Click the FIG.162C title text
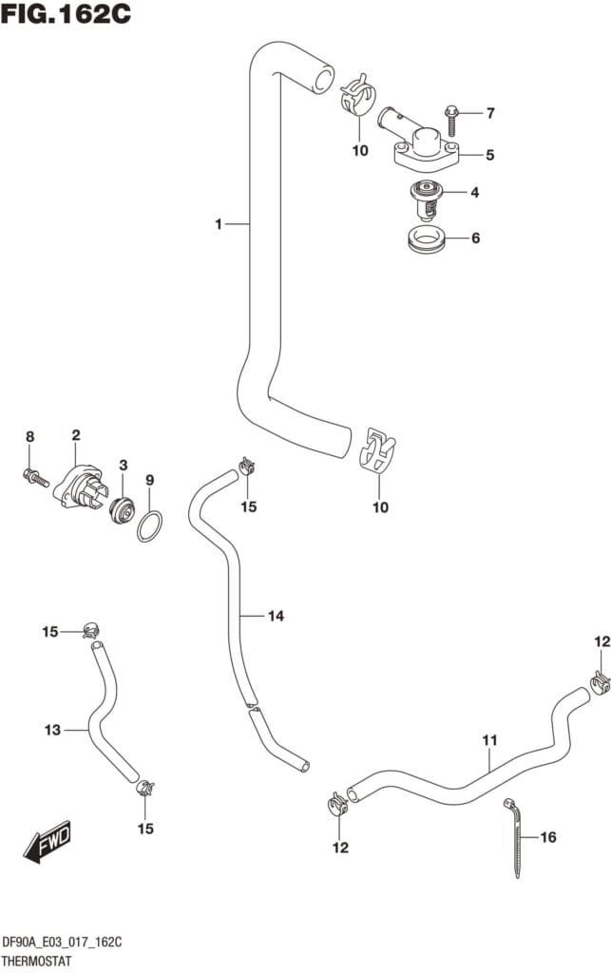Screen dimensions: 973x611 click(66, 15)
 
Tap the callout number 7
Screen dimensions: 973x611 click(490, 114)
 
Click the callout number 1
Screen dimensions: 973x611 click(218, 224)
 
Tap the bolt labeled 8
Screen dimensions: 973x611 click(34, 475)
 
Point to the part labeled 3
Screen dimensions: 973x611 click(120, 509)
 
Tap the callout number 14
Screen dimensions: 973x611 click(276, 617)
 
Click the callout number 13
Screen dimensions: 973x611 click(52, 730)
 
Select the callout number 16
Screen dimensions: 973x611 click(547, 837)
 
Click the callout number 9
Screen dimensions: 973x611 click(149, 480)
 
